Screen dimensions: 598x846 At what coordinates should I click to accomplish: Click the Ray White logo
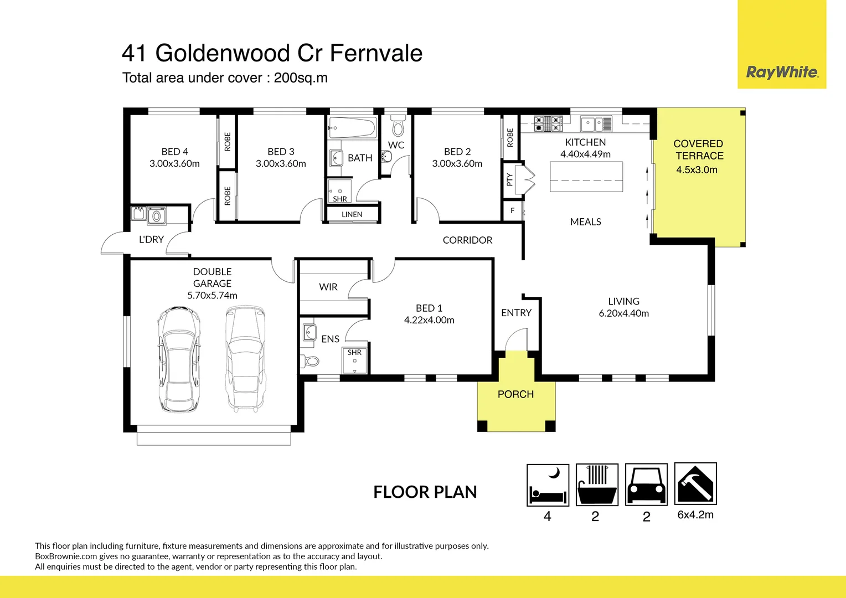point(782,72)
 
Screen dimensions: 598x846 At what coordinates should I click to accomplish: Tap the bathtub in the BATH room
point(353,127)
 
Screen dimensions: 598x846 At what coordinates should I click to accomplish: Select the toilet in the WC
point(398,126)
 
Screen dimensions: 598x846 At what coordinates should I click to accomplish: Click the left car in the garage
point(179,360)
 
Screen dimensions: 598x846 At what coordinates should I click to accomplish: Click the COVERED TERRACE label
point(698,149)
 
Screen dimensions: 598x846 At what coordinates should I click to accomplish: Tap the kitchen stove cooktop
point(548,123)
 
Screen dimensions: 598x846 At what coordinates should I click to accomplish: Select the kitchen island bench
point(586,177)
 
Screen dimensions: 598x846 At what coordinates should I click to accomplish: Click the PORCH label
point(515,394)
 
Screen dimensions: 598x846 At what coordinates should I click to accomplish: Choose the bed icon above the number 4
point(548,485)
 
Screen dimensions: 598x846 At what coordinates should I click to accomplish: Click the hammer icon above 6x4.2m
point(695,484)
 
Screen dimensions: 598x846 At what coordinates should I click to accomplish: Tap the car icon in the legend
point(646,485)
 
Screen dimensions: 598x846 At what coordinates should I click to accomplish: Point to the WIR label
point(328,287)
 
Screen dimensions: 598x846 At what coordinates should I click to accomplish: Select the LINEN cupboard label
point(352,214)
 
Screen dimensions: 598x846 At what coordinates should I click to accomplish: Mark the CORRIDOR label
point(467,240)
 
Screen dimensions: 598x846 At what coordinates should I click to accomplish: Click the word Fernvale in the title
point(376,54)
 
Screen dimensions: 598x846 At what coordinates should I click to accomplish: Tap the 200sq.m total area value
point(301,78)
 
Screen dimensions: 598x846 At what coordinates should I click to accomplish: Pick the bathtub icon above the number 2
point(597,485)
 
